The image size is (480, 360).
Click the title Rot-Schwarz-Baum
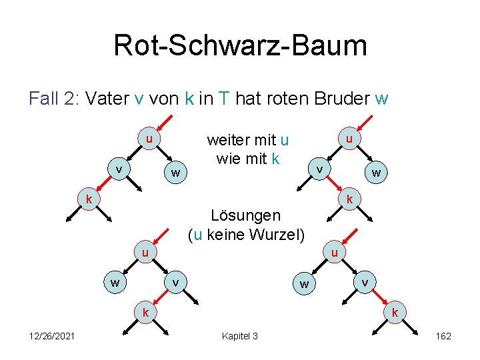240,46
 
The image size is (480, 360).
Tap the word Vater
107,99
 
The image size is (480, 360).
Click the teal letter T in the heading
225,99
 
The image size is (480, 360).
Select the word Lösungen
245,215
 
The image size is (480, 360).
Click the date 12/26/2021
52,336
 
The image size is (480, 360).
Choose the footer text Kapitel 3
239,336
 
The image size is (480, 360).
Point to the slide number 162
443,336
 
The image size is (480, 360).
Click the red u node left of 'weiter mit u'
150,139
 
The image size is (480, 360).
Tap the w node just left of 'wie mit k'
175,173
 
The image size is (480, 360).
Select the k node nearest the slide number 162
395,312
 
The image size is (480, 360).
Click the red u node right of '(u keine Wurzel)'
335,253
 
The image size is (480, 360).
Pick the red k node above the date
144,312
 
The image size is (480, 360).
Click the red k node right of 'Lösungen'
349,199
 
